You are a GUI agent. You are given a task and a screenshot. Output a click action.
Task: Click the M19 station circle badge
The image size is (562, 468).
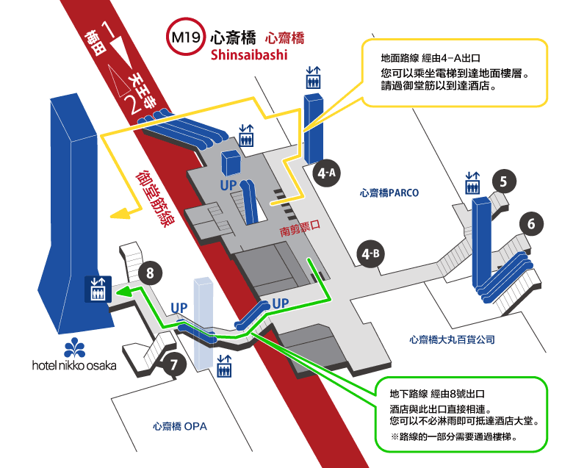[x=183, y=37]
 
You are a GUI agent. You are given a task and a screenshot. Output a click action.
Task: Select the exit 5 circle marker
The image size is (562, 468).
[x=503, y=181]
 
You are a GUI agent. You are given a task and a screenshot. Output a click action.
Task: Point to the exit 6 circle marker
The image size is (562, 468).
[x=531, y=225]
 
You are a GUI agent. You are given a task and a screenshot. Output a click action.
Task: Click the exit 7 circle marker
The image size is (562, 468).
[x=173, y=364]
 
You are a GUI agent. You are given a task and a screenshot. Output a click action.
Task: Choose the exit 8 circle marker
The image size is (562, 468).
[x=150, y=274]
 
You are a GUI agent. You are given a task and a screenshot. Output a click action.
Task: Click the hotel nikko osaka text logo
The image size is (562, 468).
[x=73, y=364]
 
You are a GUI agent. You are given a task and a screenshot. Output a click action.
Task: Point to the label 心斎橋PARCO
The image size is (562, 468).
[x=389, y=193]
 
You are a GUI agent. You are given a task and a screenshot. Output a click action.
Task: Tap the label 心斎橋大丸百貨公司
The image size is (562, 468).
[x=452, y=339]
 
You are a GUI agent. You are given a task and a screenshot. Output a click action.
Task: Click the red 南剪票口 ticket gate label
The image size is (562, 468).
[x=301, y=231]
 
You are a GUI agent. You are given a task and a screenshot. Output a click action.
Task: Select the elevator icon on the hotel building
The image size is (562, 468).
[x=97, y=288]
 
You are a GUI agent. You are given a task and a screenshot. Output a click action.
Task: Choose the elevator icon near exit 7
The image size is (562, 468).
[x=225, y=365]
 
